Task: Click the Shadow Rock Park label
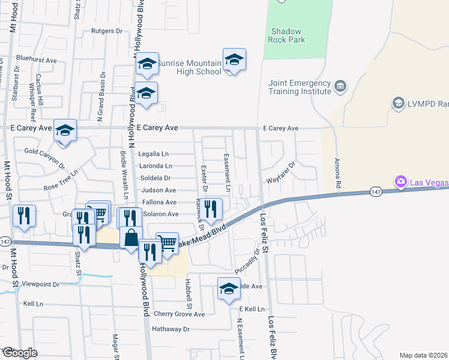(288, 35)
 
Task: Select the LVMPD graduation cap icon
(398, 103)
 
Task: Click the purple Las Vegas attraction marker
(400, 181)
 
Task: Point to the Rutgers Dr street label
(106, 30)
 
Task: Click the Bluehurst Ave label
(37, 60)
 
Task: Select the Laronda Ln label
(155, 166)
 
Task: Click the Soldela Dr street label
(155, 178)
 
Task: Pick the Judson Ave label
(158, 190)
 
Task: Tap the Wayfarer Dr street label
(281, 172)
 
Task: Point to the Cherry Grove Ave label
(179, 314)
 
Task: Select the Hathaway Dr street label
(170, 329)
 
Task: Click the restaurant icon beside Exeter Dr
(211, 208)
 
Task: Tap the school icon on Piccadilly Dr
(229, 289)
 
